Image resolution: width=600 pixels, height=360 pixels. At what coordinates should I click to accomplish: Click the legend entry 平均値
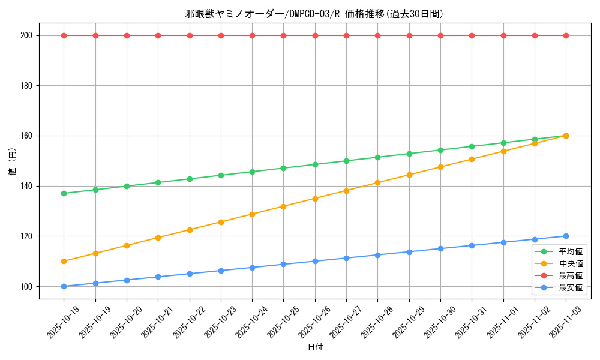coord(571,252)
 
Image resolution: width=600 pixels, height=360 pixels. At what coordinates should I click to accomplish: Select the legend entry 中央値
coord(571,264)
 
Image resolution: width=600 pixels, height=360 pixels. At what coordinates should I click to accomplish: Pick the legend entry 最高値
coord(571,276)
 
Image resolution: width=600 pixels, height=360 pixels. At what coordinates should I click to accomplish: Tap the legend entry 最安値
coord(571,288)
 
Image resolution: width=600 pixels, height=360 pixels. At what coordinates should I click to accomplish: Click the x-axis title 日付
coord(315,347)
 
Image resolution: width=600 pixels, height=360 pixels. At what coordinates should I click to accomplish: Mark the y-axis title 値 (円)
coord(12,161)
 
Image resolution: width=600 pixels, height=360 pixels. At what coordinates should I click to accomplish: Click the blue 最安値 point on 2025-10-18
coord(64,286)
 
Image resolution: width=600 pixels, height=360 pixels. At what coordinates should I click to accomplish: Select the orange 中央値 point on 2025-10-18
coord(64,261)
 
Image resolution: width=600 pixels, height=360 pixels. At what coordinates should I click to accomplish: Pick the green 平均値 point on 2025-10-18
coord(64,193)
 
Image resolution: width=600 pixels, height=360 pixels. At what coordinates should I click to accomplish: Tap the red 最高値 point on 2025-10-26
coord(315,35)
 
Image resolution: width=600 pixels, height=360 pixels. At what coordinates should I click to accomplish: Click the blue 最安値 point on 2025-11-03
coord(566,236)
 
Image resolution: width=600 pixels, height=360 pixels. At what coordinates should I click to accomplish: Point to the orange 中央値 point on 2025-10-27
coord(346,191)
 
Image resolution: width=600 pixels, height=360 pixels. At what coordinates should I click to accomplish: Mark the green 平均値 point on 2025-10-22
coord(190,179)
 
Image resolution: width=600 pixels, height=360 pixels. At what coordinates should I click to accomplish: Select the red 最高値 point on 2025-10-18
coord(64,35)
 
